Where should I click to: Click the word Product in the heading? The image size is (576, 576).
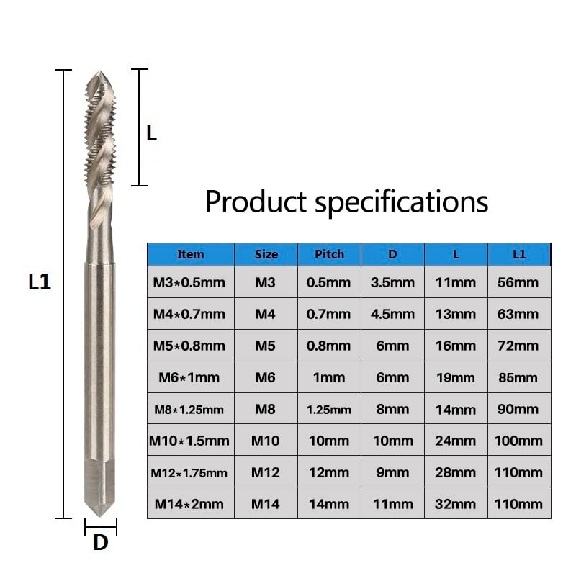pos(256,202)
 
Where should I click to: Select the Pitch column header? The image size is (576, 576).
pos(329,254)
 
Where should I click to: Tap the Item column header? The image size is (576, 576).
pos(190,254)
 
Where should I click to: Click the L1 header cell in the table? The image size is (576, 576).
pos(518,254)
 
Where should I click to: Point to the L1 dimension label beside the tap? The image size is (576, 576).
pos(40,282)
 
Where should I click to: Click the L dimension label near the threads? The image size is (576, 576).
pos(151,132)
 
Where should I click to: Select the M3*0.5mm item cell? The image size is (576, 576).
pos(189,282)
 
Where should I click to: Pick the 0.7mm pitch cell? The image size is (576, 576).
pos(329,314)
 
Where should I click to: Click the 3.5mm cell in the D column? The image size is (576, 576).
pos(392,282)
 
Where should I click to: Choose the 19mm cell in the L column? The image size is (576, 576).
pos(456,377)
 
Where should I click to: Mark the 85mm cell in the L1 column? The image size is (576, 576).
pos(518,377)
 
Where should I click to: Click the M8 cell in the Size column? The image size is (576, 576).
pos(265,409)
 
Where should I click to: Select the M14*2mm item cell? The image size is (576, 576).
pos(189,504)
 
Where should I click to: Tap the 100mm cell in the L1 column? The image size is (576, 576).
pos(518,441)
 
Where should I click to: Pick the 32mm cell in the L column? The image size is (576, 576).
pos(456,504)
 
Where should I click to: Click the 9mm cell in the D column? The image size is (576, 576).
pos(392,472)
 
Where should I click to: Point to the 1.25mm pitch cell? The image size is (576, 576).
pos(329,409)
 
